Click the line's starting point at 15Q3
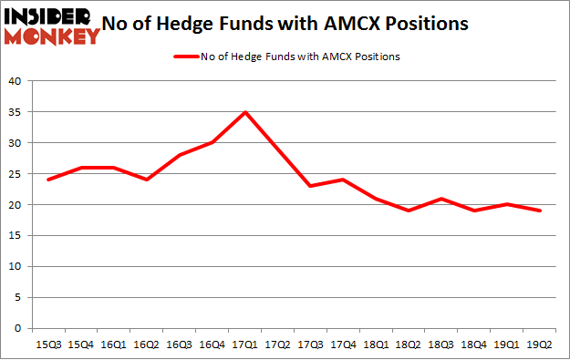point(48,180)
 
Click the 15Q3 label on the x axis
point(48,345)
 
